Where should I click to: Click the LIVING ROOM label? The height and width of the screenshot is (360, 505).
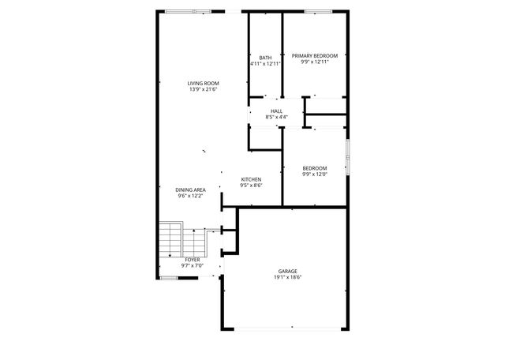click(203, 84)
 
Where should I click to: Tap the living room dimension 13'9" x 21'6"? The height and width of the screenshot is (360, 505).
click(203, 90)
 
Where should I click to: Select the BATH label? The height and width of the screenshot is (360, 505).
click(265, 57)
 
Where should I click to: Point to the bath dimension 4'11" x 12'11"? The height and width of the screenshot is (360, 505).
click(265, 63)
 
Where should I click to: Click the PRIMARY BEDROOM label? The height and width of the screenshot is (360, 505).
click(315, 56)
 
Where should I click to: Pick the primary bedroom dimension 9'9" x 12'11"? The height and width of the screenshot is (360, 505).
click(315, 62)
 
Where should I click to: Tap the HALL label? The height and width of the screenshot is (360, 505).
click(276, 111)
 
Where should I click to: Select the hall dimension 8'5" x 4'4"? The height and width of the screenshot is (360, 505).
click(276, 118)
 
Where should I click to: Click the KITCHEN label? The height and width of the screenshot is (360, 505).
click(251, 179)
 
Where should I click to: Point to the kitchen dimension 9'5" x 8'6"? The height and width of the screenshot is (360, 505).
click(251, 186)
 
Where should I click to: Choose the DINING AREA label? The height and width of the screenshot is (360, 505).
click(191, 189)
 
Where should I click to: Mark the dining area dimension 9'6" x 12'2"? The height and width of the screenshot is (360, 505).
click(191, 196)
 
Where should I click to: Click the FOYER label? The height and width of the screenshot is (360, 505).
click(193, 259)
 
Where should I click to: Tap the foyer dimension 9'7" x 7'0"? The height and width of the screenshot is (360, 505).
click(193, 265)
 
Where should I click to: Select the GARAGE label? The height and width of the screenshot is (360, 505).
click(287, 272)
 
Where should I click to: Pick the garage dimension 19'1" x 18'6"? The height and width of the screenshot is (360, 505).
click(287, 278)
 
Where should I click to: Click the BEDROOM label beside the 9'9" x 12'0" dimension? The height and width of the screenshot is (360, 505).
click(315, 167)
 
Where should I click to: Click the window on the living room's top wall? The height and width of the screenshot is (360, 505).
click(189, 11)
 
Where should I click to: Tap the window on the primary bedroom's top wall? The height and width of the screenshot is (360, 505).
click(317, 11)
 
